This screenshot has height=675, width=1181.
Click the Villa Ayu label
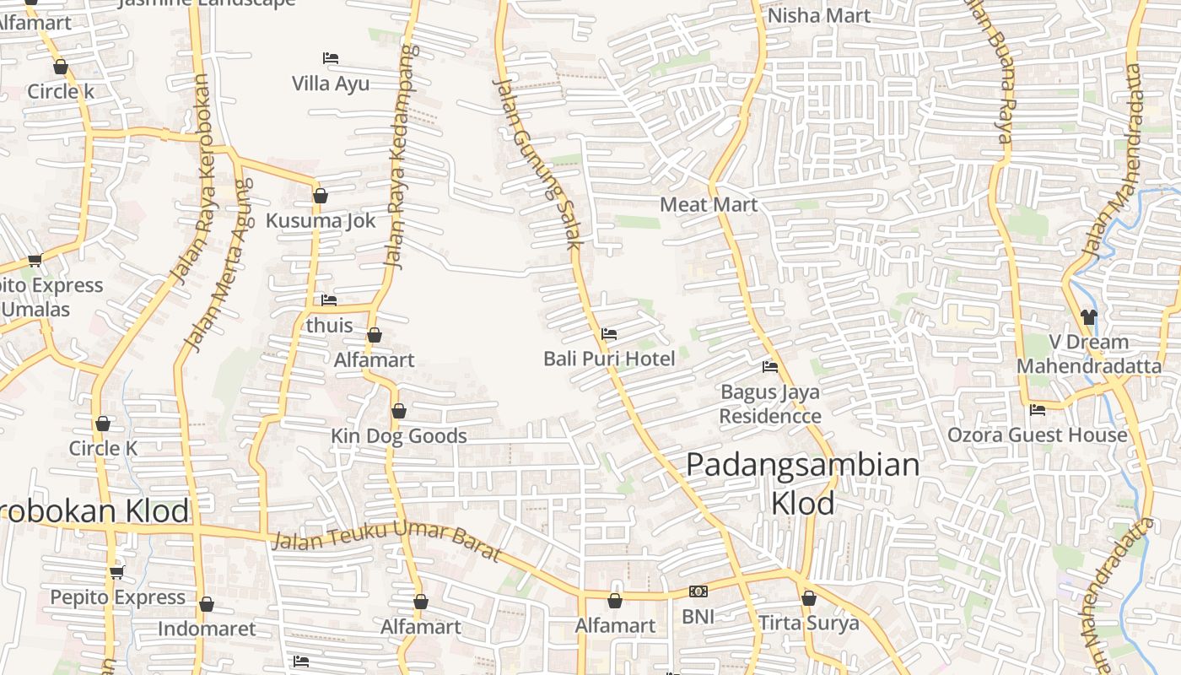click(331, 84)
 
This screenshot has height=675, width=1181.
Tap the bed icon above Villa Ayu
click(331, 58)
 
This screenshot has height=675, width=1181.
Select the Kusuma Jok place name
click(321, 220)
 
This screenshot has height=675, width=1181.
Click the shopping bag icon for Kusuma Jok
click(321, 196)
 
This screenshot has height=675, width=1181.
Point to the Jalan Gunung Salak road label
click(537, 164)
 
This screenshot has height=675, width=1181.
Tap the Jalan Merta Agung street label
click(218, 265)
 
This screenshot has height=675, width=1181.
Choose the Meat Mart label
click(709, 204)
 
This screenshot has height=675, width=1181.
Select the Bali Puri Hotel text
click(609, 359)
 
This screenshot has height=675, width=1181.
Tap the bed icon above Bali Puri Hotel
click(609, 334)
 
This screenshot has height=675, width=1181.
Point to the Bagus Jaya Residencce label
click(770, 403)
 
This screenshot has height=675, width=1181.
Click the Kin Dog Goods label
click(399, 435)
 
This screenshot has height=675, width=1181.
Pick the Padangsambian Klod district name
click(802, 483)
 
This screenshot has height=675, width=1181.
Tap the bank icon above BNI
click(698, 591)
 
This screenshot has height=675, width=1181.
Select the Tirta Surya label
click(809, 623)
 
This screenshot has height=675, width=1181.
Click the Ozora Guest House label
click(1038, 435)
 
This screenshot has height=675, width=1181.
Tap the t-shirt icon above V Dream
click(1088, 317)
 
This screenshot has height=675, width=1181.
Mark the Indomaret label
click(207, 629)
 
